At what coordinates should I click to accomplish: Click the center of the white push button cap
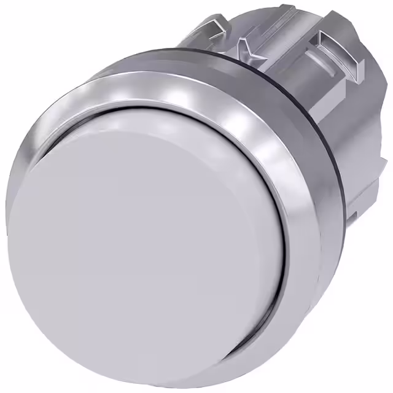tap(154, 246)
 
